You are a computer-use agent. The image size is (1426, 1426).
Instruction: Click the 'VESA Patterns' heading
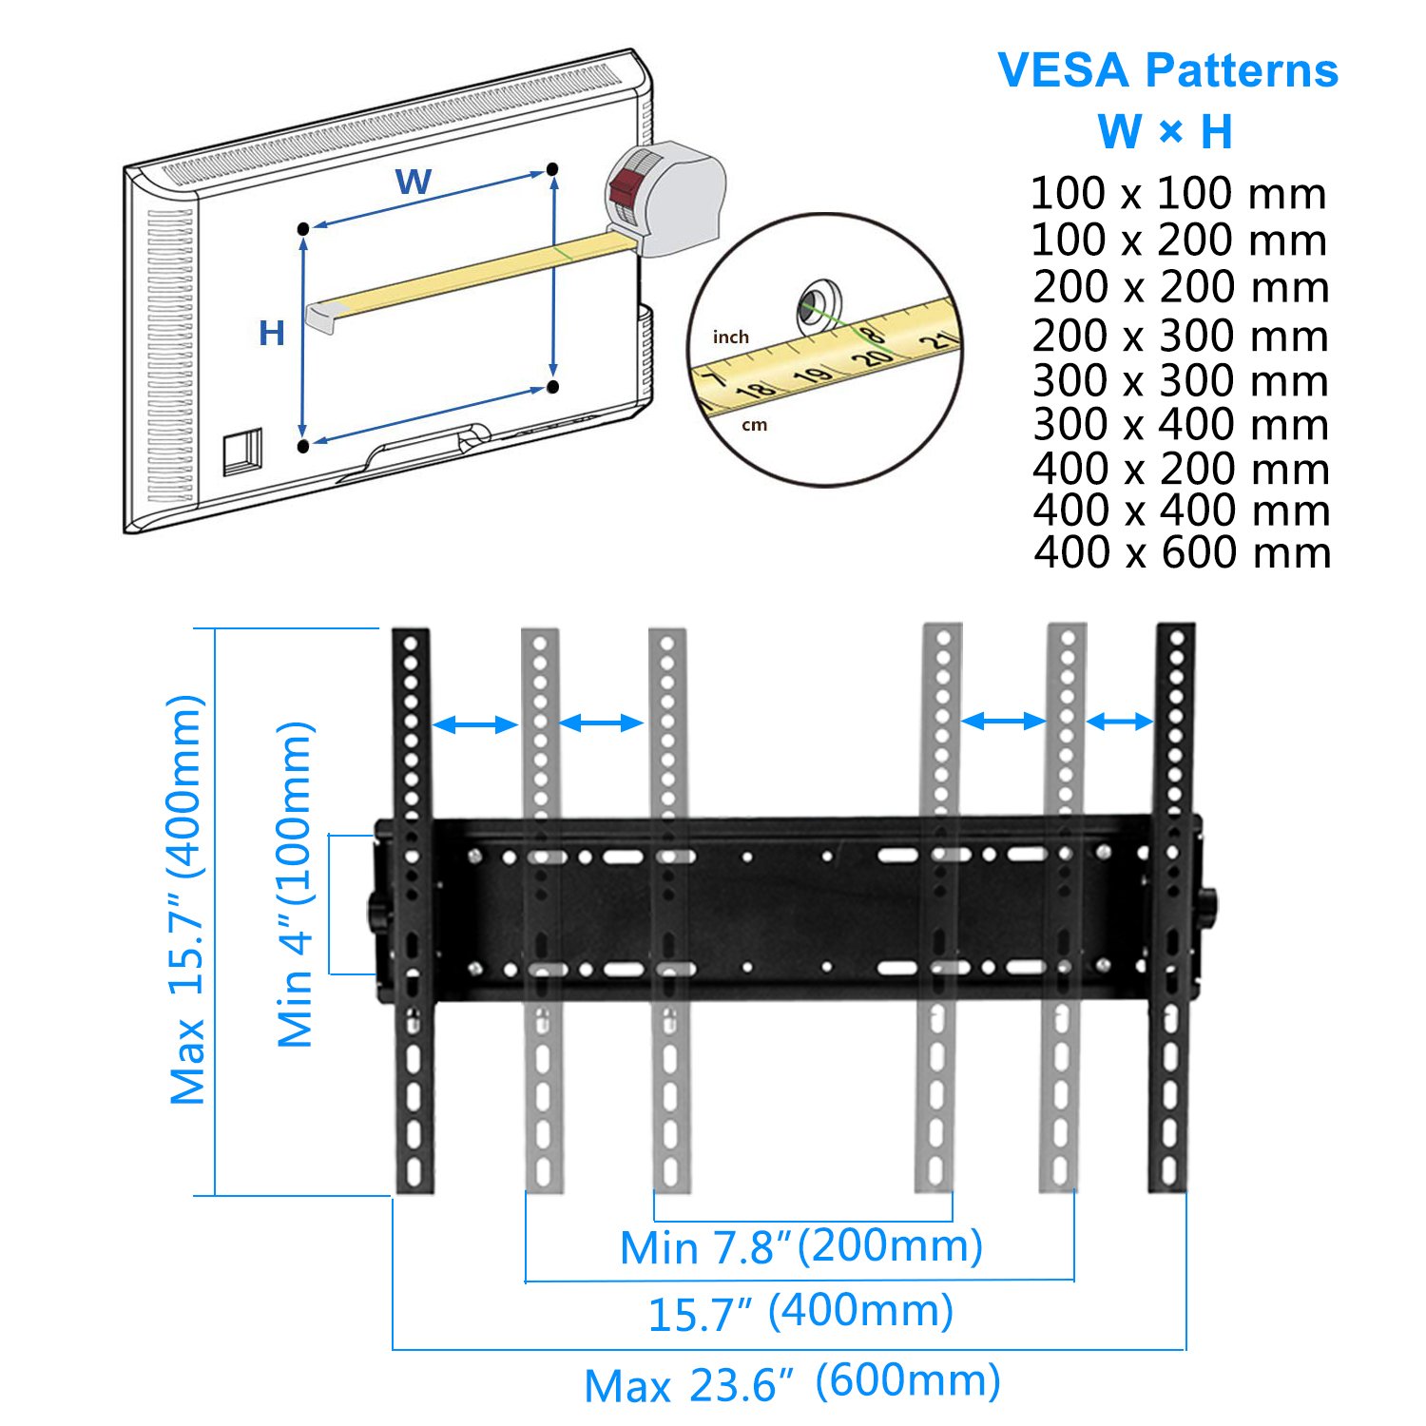point(1168,71)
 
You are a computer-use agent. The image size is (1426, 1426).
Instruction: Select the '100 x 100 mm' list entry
point(1178,194)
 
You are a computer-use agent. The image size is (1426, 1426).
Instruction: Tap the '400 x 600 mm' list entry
point(1182,552)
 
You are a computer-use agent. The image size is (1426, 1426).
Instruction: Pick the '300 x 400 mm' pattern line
point(1180,424)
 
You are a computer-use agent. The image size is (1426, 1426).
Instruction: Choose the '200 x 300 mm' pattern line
point(1180,336)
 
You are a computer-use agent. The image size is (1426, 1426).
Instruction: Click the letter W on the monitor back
point(414,181)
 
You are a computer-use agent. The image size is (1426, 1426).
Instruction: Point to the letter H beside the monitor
point(272,333)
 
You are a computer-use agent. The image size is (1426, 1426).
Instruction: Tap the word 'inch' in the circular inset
point(731,337)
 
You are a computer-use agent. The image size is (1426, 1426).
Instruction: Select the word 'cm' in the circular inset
point(754,425)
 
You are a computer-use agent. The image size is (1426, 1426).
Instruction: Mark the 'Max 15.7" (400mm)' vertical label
point(186,899)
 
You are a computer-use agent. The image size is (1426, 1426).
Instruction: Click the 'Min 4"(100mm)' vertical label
point(296,884)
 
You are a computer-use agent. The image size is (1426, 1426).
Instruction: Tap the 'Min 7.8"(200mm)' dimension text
point(800,1246)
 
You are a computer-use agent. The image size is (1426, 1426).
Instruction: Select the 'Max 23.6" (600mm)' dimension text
point(792,1383)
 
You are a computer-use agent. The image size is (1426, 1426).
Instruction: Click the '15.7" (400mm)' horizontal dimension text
point(800,1313)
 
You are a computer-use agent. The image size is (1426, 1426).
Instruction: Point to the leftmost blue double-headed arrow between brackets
point(474,725)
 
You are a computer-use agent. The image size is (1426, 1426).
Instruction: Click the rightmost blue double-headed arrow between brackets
point(1119,723)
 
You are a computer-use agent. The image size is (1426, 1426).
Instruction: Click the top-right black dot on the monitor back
point(552,169)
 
